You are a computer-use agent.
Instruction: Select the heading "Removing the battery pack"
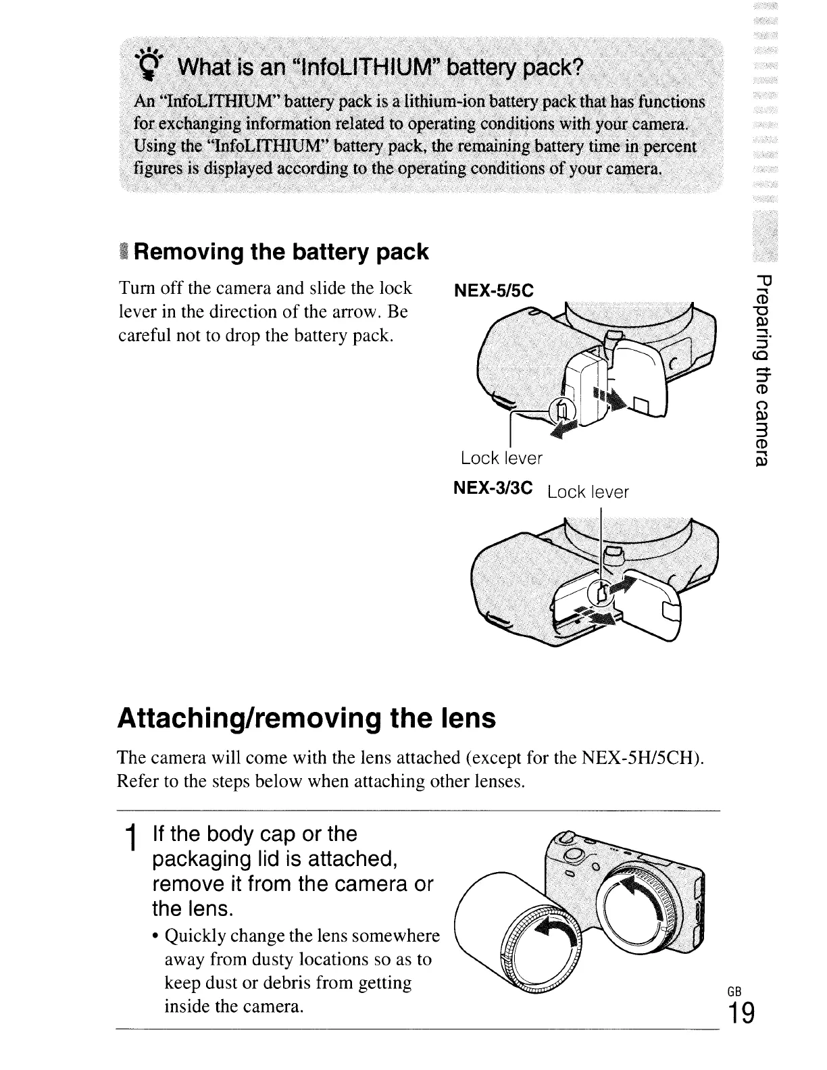point(282,252)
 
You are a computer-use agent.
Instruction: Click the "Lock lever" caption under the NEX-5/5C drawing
point(501,459)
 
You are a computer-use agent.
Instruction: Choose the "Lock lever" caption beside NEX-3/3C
point(588,492)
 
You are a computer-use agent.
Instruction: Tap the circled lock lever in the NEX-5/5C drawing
point(562,409)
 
